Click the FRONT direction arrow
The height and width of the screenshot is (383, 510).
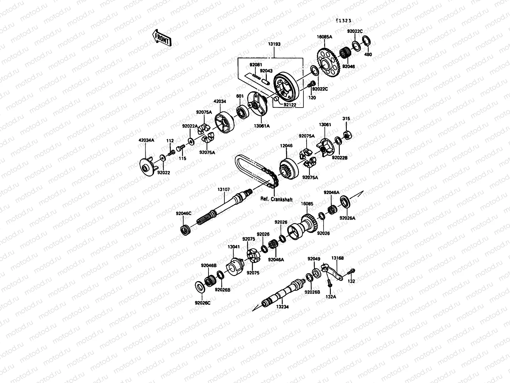pyautogui.click(x=162, y=38)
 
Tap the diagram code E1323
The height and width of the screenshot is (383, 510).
pyautogui.click(x=343, y=21)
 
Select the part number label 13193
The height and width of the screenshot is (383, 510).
pyautogui.click(x=274, y=44)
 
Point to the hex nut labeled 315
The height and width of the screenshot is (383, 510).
pyautogui.click(x=347, y=135)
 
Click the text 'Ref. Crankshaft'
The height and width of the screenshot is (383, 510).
pyautogui.click(x=276, y=199)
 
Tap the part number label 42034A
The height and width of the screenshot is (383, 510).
pyautogui.click(x=146, y=140)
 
